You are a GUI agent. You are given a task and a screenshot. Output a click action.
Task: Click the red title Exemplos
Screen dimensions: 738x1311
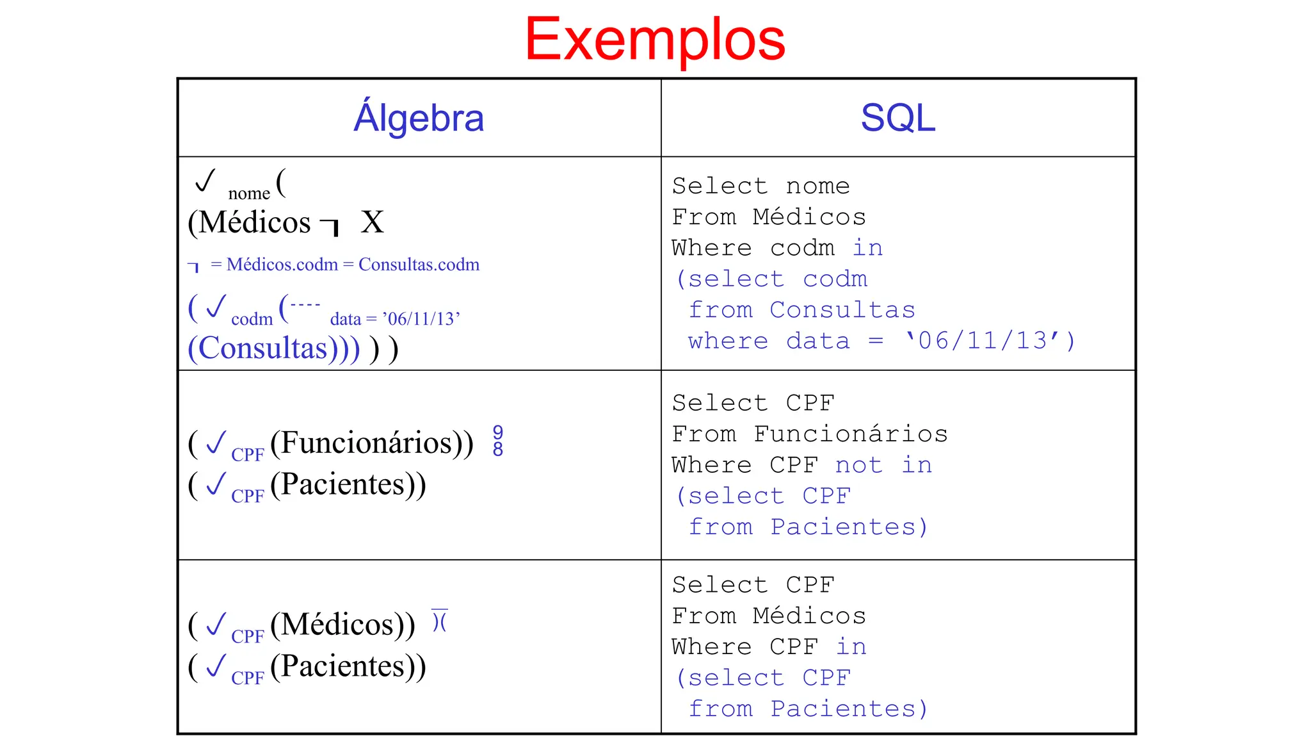[655, 40]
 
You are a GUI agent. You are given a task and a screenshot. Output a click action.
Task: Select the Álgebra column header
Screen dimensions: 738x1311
[419, 119]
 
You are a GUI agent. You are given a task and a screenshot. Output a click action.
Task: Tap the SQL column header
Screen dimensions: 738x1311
[897, 119]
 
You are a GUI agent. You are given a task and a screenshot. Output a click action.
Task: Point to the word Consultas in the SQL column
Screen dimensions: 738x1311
[842, 310]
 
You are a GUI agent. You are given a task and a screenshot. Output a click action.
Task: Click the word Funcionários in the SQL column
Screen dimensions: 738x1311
[851, 434]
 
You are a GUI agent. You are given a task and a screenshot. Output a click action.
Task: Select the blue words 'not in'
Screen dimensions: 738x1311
[883, 465]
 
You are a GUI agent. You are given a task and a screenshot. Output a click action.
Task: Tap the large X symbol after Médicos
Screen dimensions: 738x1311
[372, 222]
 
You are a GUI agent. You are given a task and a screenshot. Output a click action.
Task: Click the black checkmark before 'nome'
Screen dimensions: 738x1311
[205, 181]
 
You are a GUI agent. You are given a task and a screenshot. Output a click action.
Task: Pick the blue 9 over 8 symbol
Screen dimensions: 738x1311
[498, 441]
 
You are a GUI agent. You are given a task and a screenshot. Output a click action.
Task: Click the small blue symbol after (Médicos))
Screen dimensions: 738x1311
[439, 620]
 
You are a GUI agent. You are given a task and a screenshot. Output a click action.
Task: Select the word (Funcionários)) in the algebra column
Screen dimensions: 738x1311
[372, 443]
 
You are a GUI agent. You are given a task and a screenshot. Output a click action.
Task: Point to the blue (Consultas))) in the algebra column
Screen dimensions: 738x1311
[274, 349]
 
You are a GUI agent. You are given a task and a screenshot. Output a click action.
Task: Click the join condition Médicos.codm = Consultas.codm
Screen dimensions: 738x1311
[352, 265]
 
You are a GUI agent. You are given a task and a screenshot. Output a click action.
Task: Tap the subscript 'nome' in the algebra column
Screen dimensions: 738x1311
[249, 193]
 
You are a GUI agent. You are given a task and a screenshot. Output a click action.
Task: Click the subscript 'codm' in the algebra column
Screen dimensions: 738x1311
[252, 319]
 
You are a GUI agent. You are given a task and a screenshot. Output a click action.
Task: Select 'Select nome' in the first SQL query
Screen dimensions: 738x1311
[760, 186]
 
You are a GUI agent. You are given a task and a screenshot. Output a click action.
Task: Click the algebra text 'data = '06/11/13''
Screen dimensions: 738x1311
[395, 319]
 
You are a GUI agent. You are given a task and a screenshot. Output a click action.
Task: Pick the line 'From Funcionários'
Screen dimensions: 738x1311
[809, 434]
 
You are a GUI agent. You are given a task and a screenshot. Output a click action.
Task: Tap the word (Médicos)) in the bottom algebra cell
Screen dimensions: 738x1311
[342, 625]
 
